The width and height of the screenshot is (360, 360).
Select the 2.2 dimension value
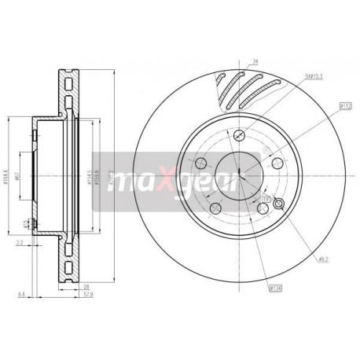[18, 244]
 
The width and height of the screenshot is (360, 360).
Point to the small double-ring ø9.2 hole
[267, 201]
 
